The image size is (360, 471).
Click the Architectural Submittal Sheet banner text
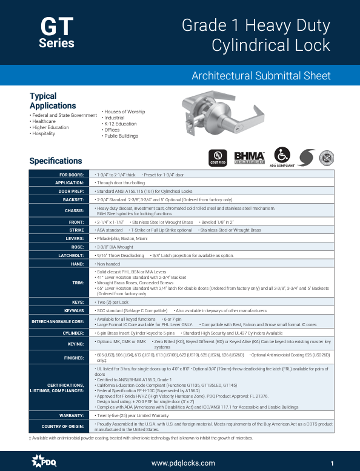pyautogui.click(x=261, y=76)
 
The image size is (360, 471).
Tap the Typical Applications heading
pyautogui.click(x=53, y=101)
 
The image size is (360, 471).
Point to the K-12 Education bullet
pyautogui.click(x=121, y=124)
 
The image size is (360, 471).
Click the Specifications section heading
pyautogui.click(x=56, y=161)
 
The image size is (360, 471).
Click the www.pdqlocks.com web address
pyautogui.click(x=183, y=463)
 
